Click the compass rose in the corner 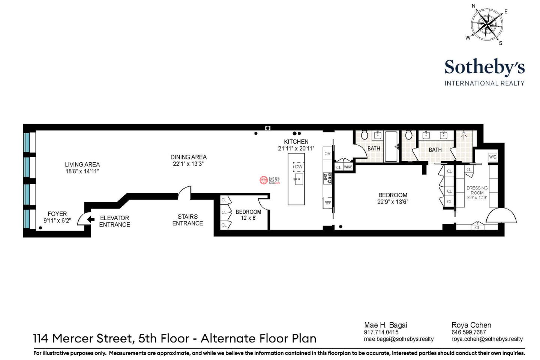(x=487, y=25)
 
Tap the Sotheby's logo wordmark (x=484, y=67)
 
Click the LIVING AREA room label (x=82, y=165)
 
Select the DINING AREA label (x=189, y=157)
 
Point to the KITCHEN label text (x=296, y=142)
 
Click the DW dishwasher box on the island (x=298, y=166)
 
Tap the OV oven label (x=327, y=154)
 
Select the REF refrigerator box (x=327, y=203)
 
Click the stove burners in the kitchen (x=327, y=178)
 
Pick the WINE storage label (x=348, y=167)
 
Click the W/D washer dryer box (x=493, y=157)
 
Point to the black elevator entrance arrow (x=91, y=219)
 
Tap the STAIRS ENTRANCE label (x=187, y=220)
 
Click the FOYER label (x=57, y=214)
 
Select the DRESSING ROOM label (x=477, y=190)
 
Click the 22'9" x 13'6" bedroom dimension (x=393, y=202)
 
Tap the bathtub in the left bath (x=391, y=147)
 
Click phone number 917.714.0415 (x=381, y=332)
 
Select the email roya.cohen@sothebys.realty (x=487, y=339)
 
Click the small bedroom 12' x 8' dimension (x=248, y=218)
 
